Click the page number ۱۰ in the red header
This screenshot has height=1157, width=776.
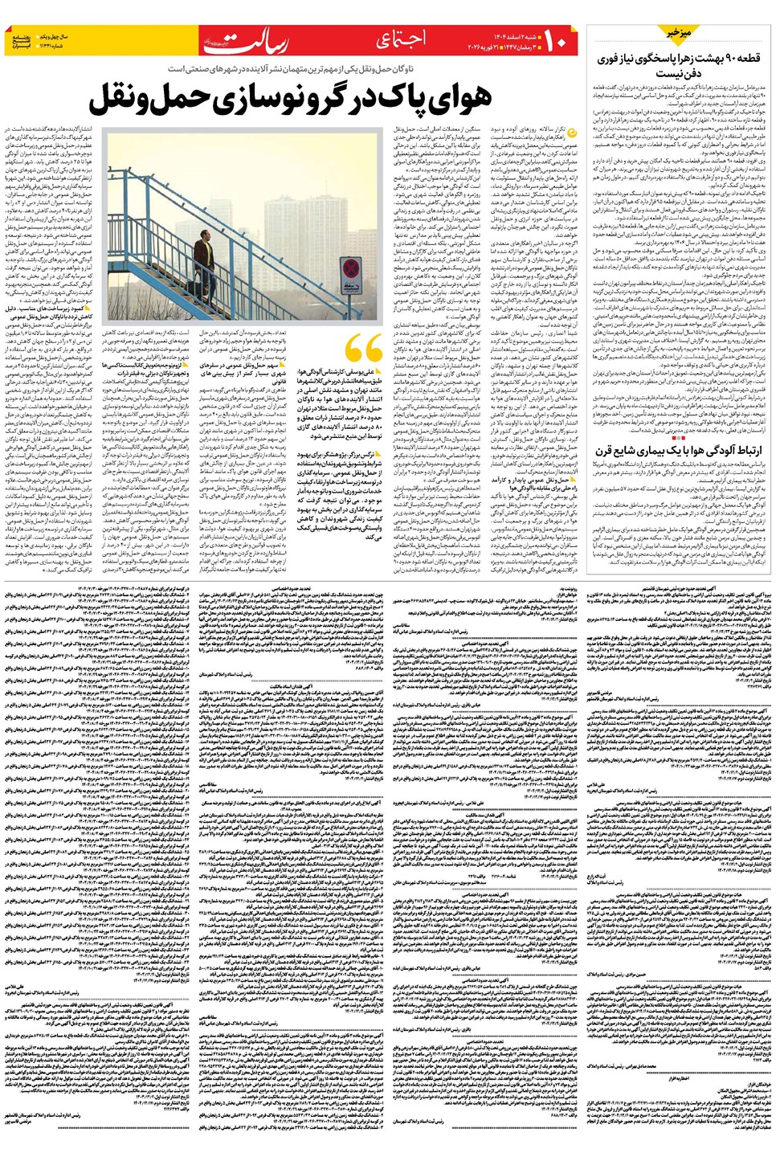tap(559, 38)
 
